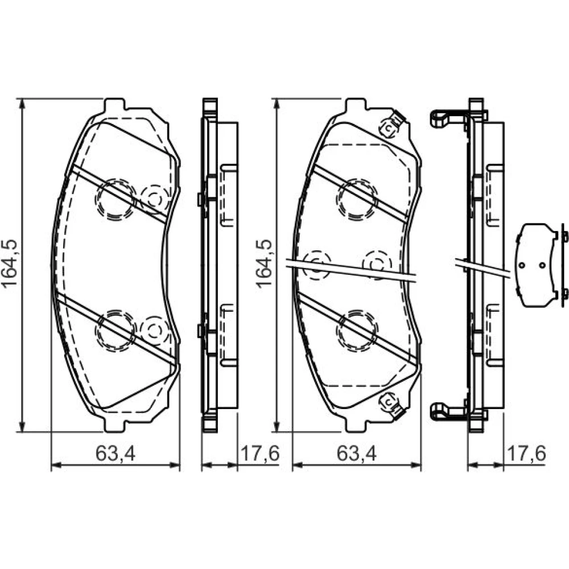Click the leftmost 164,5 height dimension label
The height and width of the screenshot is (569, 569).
click(10, 264)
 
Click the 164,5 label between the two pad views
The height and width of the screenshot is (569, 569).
click(264, 264)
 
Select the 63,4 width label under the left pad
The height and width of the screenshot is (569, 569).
click(116, 453)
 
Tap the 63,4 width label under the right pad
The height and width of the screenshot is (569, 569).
click(357, 453)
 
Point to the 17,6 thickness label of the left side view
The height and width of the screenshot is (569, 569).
click(260, 453)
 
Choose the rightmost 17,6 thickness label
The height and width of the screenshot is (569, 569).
click(526, 453)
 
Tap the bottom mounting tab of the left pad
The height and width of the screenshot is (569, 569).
click(114, 426)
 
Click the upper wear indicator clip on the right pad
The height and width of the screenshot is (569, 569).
click(391, 125)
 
